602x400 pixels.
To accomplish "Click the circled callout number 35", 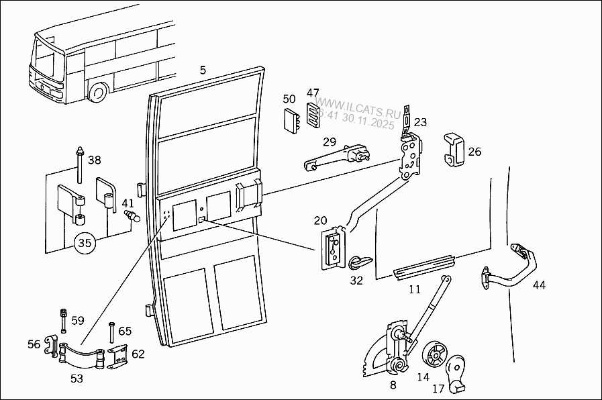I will coord(85,242).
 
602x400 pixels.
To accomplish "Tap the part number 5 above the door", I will coord(203,70).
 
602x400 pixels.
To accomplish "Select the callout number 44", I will coord(539,285).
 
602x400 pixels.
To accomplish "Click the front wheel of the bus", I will coord(99,93).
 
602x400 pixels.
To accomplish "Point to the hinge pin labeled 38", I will coord(80,165).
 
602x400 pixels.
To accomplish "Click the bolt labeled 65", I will coord(110,333).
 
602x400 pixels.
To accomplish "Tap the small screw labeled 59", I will coord(64,321).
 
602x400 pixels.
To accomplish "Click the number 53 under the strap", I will coord(77,379).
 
